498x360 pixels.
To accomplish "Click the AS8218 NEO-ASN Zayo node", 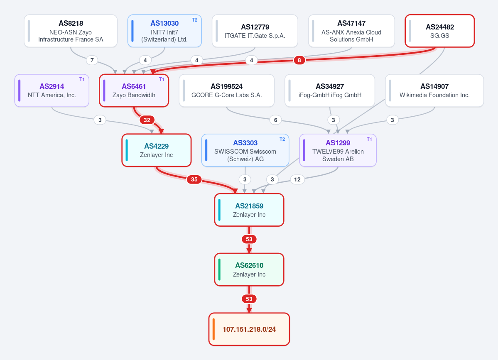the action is pyautogui.click(x=71, y=31).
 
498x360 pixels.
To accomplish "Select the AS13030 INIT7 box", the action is pyautogui.click(x=164, y=31).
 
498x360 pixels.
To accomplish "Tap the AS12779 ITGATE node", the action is pyautogui.click(x=255, y=31).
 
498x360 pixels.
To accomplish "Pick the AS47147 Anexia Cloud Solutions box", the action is pyautogui.click(x=351, y=31).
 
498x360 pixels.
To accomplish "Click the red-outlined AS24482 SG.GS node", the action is pyautogui.click(x=439, y=31).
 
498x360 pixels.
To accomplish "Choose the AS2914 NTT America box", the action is pyautogui.click(x=52, y=91).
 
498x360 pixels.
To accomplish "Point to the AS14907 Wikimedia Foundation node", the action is pyautogui.click(x=434, y=91).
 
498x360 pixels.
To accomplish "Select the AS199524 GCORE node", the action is pyautogui.click(x=226, y=91).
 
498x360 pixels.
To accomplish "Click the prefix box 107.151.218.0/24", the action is pyautogui.click(x=249, y=329).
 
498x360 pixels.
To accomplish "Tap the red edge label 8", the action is pyautogui.click(x=299, y=60).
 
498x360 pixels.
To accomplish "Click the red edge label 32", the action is pyautogui.click(x=147, y=120).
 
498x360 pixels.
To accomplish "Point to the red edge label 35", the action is pyautogui.click(x=194, y=179).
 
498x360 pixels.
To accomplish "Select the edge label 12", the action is pyautogui.click(x=297, y=179).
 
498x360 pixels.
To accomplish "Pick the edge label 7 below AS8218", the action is pyautogui.click(x=92, y=60).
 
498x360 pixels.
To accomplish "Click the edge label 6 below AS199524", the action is pyautogui.click(x=276, y=120).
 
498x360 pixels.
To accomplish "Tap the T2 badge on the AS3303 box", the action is pyautogui.click(x=282, y=139).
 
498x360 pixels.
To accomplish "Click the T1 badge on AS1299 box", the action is pyautogui.click(x=369, y=139).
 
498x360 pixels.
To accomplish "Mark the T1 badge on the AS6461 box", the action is pyautogui.click(x=162, y=79).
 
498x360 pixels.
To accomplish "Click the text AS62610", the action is pyautogui.click(x=249, y=265).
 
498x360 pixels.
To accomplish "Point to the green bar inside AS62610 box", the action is pyautogui.click(x=219, y=269).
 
